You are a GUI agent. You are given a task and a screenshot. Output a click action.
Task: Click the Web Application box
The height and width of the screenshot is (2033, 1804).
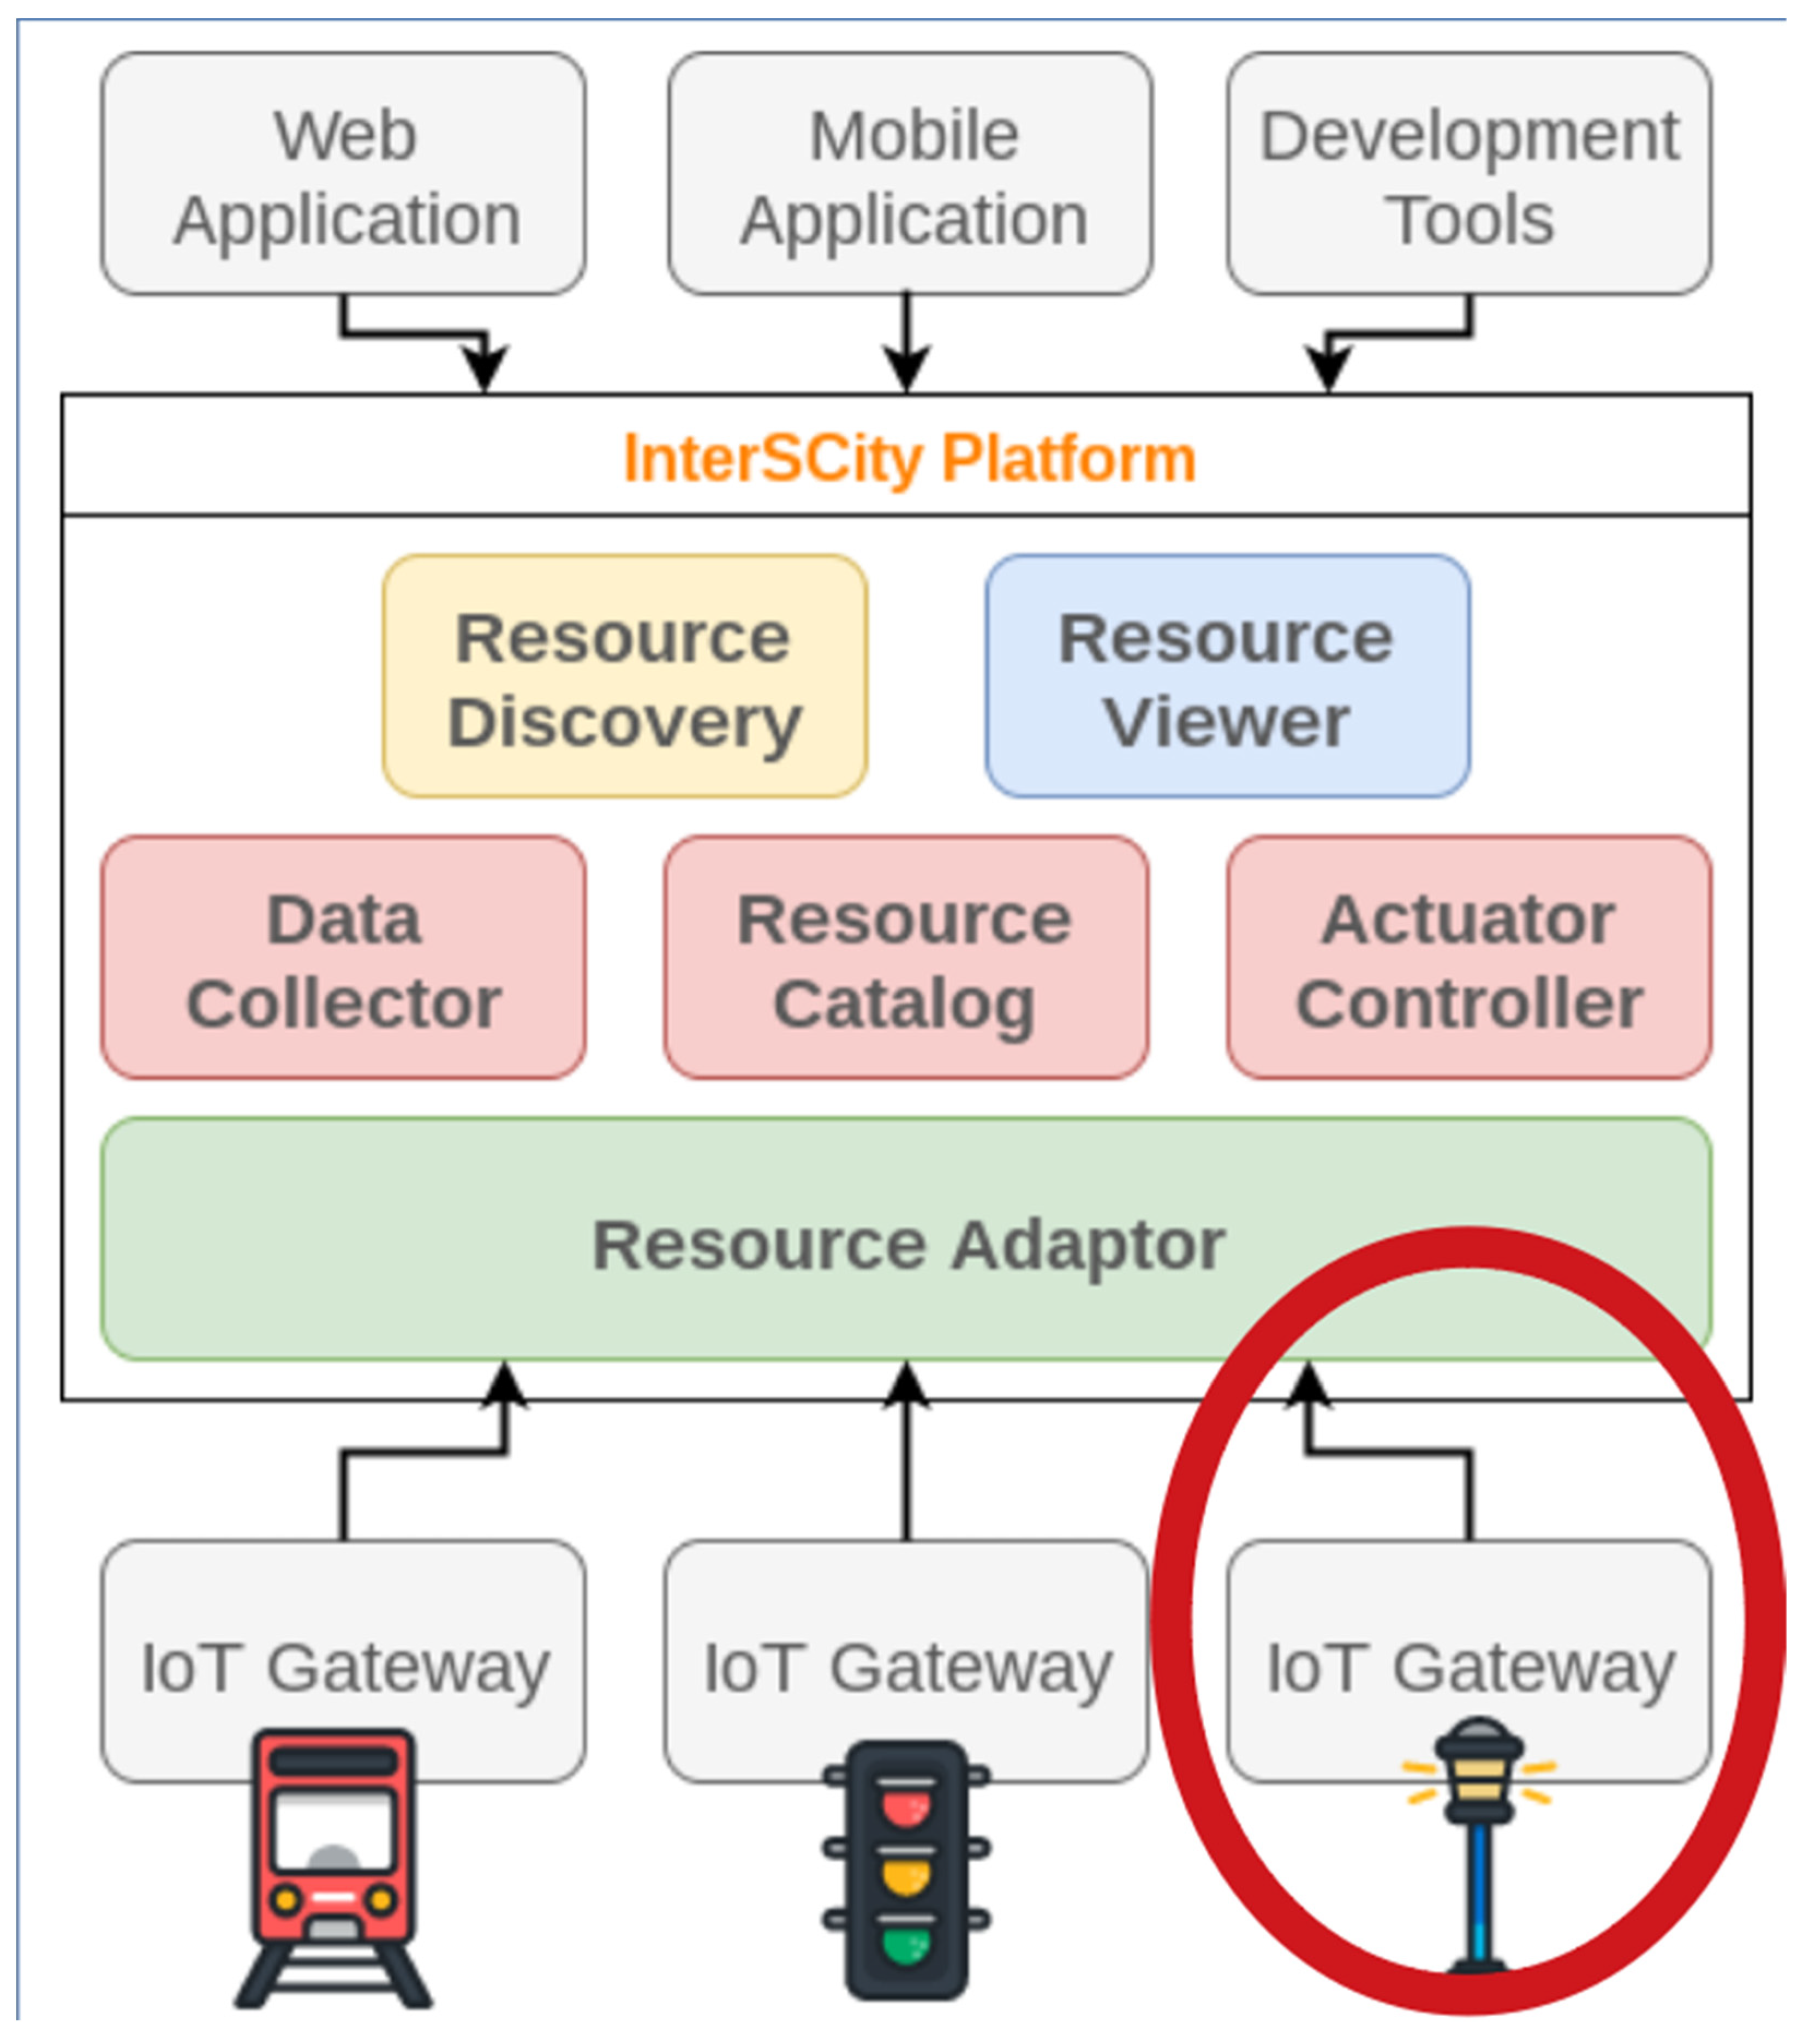tap(343, 174)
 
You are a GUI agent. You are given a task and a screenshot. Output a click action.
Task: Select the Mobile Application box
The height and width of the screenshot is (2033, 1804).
tap(910, 174)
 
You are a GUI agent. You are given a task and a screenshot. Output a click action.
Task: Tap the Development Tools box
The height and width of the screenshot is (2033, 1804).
tap(1469, 174)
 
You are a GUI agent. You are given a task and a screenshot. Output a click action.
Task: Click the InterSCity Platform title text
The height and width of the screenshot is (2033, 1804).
tap(909, 458)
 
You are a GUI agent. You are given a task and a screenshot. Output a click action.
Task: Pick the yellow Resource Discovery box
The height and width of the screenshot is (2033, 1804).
tap(625, 677)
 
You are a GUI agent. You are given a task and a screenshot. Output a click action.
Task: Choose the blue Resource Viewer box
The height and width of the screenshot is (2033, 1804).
tap(1227, 677)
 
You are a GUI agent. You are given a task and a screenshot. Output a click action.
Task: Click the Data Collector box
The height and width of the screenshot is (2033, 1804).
tap(343, 958)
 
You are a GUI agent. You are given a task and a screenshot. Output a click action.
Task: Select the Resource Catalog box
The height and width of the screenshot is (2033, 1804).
tap(906, 958)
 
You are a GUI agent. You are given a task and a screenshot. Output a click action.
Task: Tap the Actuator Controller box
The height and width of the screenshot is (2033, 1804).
tap(1469, 958)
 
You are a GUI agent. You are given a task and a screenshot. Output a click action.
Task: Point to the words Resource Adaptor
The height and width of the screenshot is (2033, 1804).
tap(908, 1245)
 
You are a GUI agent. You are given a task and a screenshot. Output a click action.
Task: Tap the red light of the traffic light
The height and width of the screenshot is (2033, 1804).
tap(905, 1807)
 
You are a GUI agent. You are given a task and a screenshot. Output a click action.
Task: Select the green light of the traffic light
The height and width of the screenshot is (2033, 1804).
tap(905, 1945)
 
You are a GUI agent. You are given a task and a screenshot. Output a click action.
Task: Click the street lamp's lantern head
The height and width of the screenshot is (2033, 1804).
tap(1479, 1771)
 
